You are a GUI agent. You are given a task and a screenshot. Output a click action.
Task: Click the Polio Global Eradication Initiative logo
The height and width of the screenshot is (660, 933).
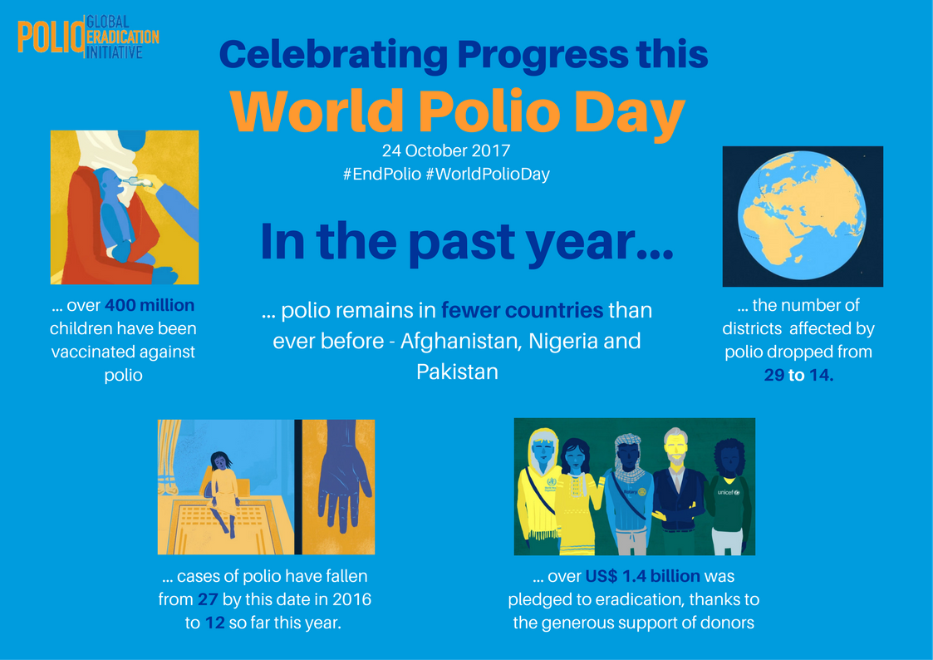point(88,37)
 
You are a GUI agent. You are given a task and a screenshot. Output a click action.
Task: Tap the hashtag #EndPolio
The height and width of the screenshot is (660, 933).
point(381,175)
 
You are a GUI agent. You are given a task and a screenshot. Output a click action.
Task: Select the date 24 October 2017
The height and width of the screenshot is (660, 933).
point(445,150)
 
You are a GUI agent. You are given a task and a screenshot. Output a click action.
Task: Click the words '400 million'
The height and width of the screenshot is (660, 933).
point(150,305)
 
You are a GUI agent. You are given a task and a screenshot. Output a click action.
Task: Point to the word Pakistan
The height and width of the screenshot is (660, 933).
point(457,372)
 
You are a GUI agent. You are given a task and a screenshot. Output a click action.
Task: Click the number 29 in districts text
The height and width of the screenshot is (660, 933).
point(774,375)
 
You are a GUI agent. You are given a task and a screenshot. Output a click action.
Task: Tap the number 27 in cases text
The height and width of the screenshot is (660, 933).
point(208,599)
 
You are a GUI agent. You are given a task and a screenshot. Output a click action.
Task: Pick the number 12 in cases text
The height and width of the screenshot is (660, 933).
point(215,623)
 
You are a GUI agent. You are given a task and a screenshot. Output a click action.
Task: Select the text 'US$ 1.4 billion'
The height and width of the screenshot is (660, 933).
point(642,576)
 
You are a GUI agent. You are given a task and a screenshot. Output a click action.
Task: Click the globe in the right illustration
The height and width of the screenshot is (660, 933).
point(802,215)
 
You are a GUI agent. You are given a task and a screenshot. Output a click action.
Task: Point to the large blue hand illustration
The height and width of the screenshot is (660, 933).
point(344,475)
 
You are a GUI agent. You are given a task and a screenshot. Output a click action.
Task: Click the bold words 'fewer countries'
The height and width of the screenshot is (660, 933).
point(522,311)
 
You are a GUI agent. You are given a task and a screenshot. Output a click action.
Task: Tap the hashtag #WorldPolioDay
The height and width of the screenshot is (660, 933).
point(488,175)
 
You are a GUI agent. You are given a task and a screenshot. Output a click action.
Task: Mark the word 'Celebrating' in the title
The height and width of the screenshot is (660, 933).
point(333,56)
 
